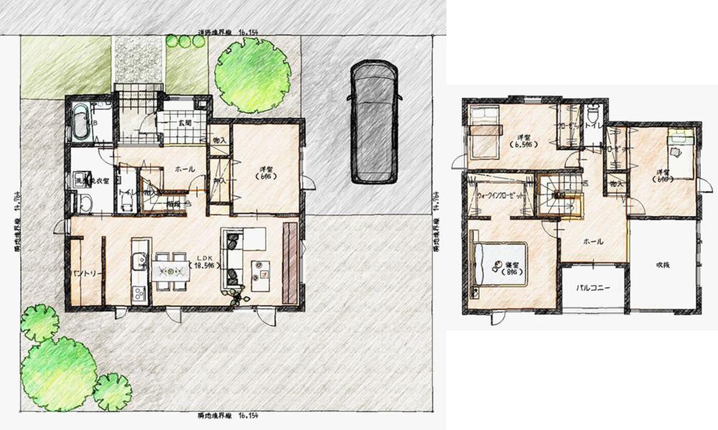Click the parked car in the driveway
click(x=371, y=122)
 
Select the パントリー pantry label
click(x=85, y=275)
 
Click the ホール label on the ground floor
click(x=185, y=169)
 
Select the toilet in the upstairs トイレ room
click(x=592, y=115)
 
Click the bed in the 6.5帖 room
click(x=484, y=128)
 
